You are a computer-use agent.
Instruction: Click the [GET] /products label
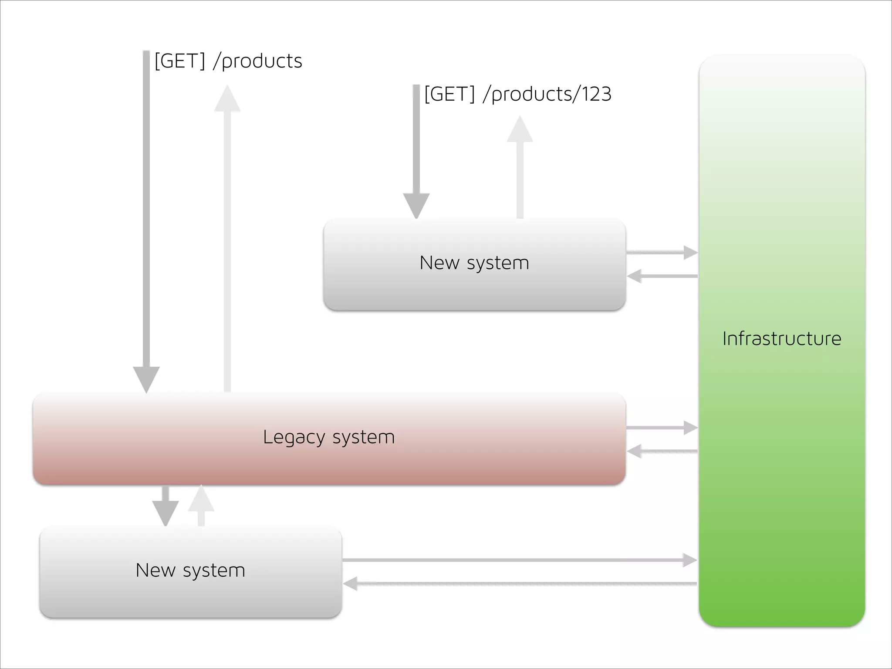pyautogui.click(x=228, y=61)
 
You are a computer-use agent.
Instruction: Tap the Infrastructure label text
pyautogui.click(x=781, y=339)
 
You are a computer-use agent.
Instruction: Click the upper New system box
pyautogui.click(x=474, y=283)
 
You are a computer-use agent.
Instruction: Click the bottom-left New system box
pyautogui.click(x=190, y=592)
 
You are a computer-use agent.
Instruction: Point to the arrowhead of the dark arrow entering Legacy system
pyautogui.click(x=146, y=379)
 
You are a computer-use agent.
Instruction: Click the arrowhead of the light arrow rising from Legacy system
pyautogui.click(x=227, y=99)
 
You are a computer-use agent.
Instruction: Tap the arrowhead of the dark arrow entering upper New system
pyautogui.click(x=416, y=205)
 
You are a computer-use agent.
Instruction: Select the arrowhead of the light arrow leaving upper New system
pyautogui.click(x=520, y=129)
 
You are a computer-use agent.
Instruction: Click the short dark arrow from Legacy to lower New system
pyautogui.click(x=166, y=507)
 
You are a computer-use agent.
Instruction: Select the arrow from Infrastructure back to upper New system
pyautogui.click(x=662, y=276)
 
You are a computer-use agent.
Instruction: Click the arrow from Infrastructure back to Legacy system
pyautogui.click(x=662, y=451)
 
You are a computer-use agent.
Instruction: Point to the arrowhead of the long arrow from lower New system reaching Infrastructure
pyautogui.click(x=690, y=560)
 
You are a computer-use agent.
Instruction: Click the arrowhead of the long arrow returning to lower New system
pyautogui.click(x=351, y=584)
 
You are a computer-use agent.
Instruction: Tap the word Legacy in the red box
pyautogui.click(x=294, y=437)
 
